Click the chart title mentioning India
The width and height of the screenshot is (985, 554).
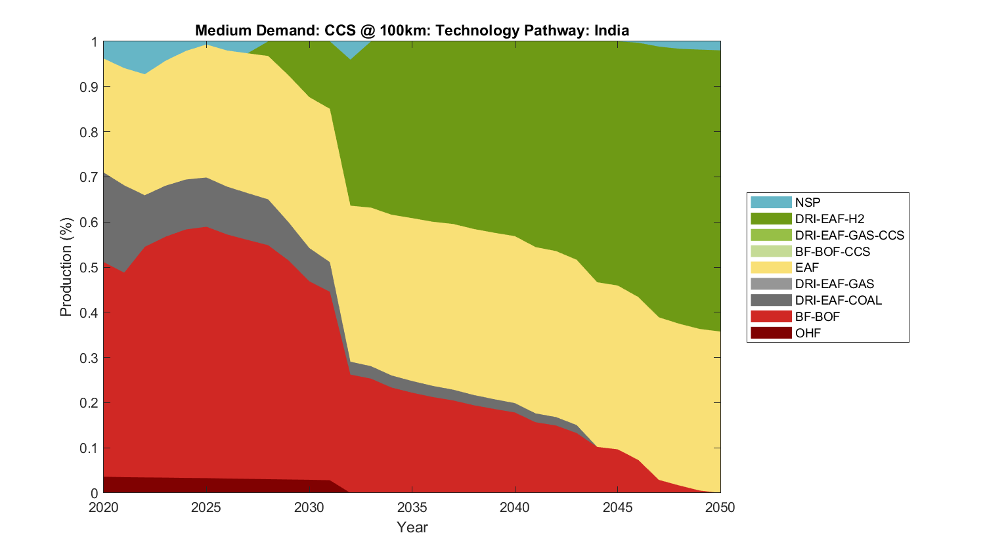click(x=412, y=30)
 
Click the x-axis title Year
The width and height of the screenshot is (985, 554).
click(x=412, y=527)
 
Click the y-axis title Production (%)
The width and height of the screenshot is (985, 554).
click(x=66, y=267)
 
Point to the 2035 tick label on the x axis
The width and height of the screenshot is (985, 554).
click(x=412, y=507)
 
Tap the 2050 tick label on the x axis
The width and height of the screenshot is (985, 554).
click(x=720, y=507)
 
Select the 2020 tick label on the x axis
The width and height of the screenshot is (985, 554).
click(x=103, y=507)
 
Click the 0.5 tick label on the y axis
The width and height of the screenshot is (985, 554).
click(x=90, y=267)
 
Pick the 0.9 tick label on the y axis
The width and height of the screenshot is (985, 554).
click(x=90, y=87)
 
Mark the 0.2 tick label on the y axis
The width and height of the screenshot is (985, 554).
click(x=90, y=402)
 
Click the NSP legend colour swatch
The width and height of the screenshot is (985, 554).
click(x=771, y=202)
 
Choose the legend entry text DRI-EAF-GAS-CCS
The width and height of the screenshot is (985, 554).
click(x=849, y=235)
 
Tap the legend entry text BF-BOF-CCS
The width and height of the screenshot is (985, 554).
click(x=832, y=251)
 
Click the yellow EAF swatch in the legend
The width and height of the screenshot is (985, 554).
click(x=771, y=267)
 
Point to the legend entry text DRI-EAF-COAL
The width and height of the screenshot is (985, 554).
click(x=838, y=300)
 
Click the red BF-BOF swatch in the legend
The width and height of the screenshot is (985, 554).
click(x=771, y=316)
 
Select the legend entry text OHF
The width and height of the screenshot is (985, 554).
click(x=808, y=333)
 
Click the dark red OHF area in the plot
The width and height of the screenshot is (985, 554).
click(x=197, y=486)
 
